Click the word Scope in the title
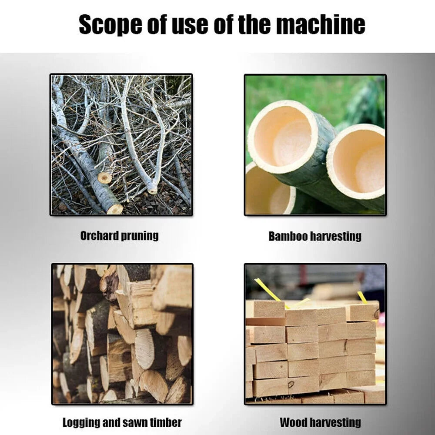pyautogui.click(x=110, y=25)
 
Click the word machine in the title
pyautogui.click(x=321, y=24)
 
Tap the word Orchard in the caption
pyautogui.click(x=100, y=236)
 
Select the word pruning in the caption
pyautogui.click(x=140, y=236)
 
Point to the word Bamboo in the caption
pyautogui.click(x=288, y=236)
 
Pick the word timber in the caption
pyautogui.click(x=166, y=422)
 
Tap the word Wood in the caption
pyautogui.click(x=292, y=422)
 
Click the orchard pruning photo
pyautogui.click(x=121, y=144)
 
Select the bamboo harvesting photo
pyautogui.click(x=315, y=144)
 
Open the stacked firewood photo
pyautogui.click(x=122, y=334)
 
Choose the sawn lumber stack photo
pyautogui.click(x=315, y=334)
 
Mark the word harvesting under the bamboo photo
pyautogui.click(x=335, y=237)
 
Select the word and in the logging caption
pyautogui.click(x=111, y=422)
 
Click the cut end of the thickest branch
pyautogui.click(x=115, y=209)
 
